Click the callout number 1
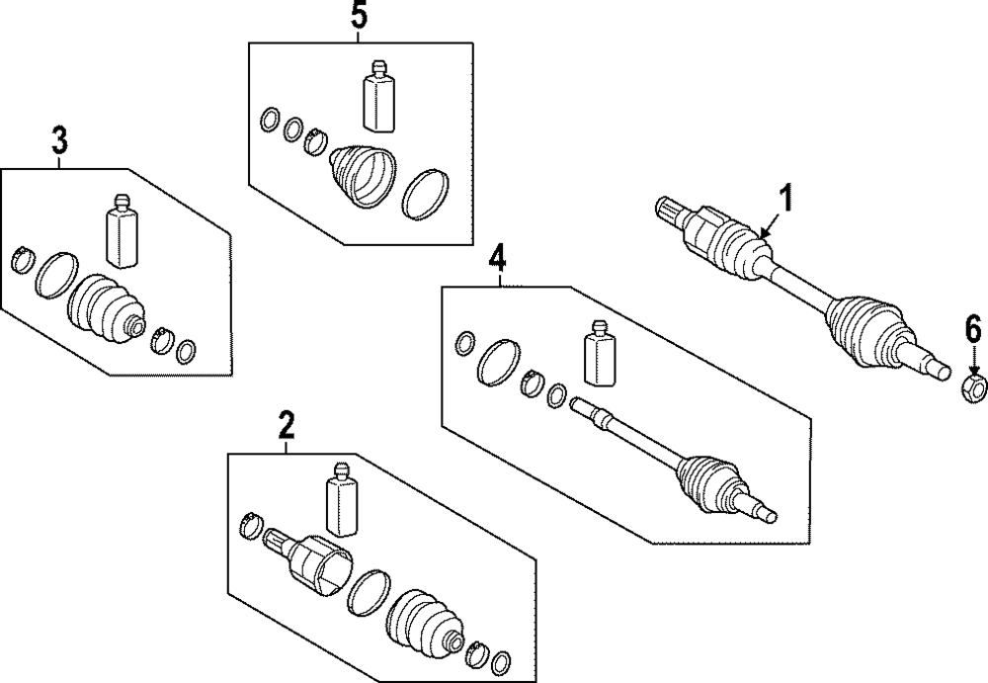click(x=785, y=198)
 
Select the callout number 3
click(x=59, y=140)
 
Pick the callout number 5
click(x=359, y=15)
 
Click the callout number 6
click(x=973, y=330)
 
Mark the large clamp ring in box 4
click(x=500, y=362)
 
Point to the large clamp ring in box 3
click(x=56, y=275)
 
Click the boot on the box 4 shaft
click(x=710, y=480)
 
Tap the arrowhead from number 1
click(x=763, y=234)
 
